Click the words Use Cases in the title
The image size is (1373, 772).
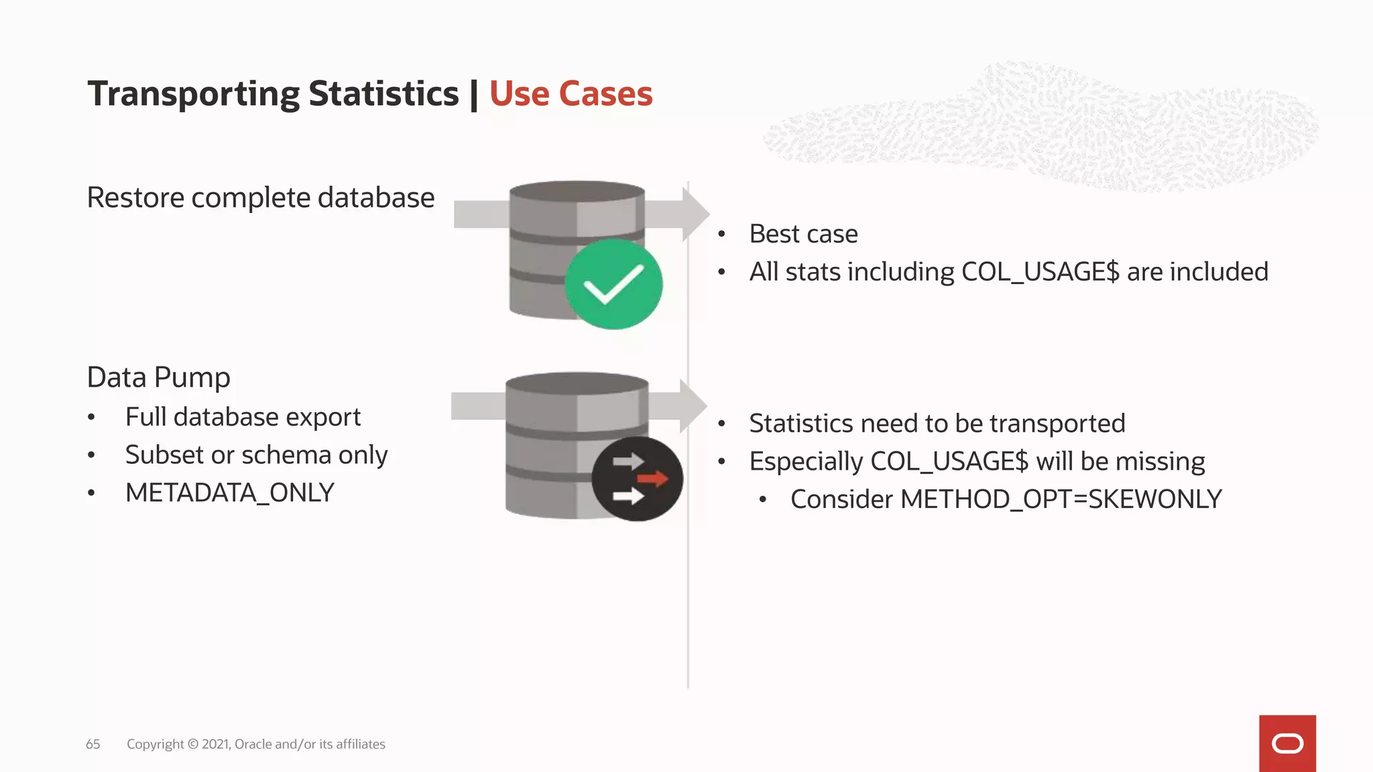tap(571, 94)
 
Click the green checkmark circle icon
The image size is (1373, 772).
tap(613, 284)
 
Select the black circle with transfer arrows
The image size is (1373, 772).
tap(637, 479)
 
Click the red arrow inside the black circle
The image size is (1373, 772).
tap(652, 478)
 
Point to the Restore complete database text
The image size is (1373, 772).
tap(261, 198)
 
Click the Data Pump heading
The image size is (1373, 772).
tap(158, 377)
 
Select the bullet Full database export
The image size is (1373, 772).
tap(243, 417)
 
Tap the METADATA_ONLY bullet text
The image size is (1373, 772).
tap(229, 493)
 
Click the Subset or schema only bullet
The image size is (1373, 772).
tap(256, 455)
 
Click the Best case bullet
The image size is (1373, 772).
tap(803, 234)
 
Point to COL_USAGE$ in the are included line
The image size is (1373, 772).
tap(1040, 272)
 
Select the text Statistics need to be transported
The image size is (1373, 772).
tap(937, 424)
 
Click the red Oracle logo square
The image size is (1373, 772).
tap(1287, 743)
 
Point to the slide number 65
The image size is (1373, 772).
tap(93, 744)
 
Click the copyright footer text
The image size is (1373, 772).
tap(255, 744)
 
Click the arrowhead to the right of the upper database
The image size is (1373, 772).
tap(695, 214)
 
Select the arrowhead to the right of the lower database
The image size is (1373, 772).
tap(692, 406)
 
